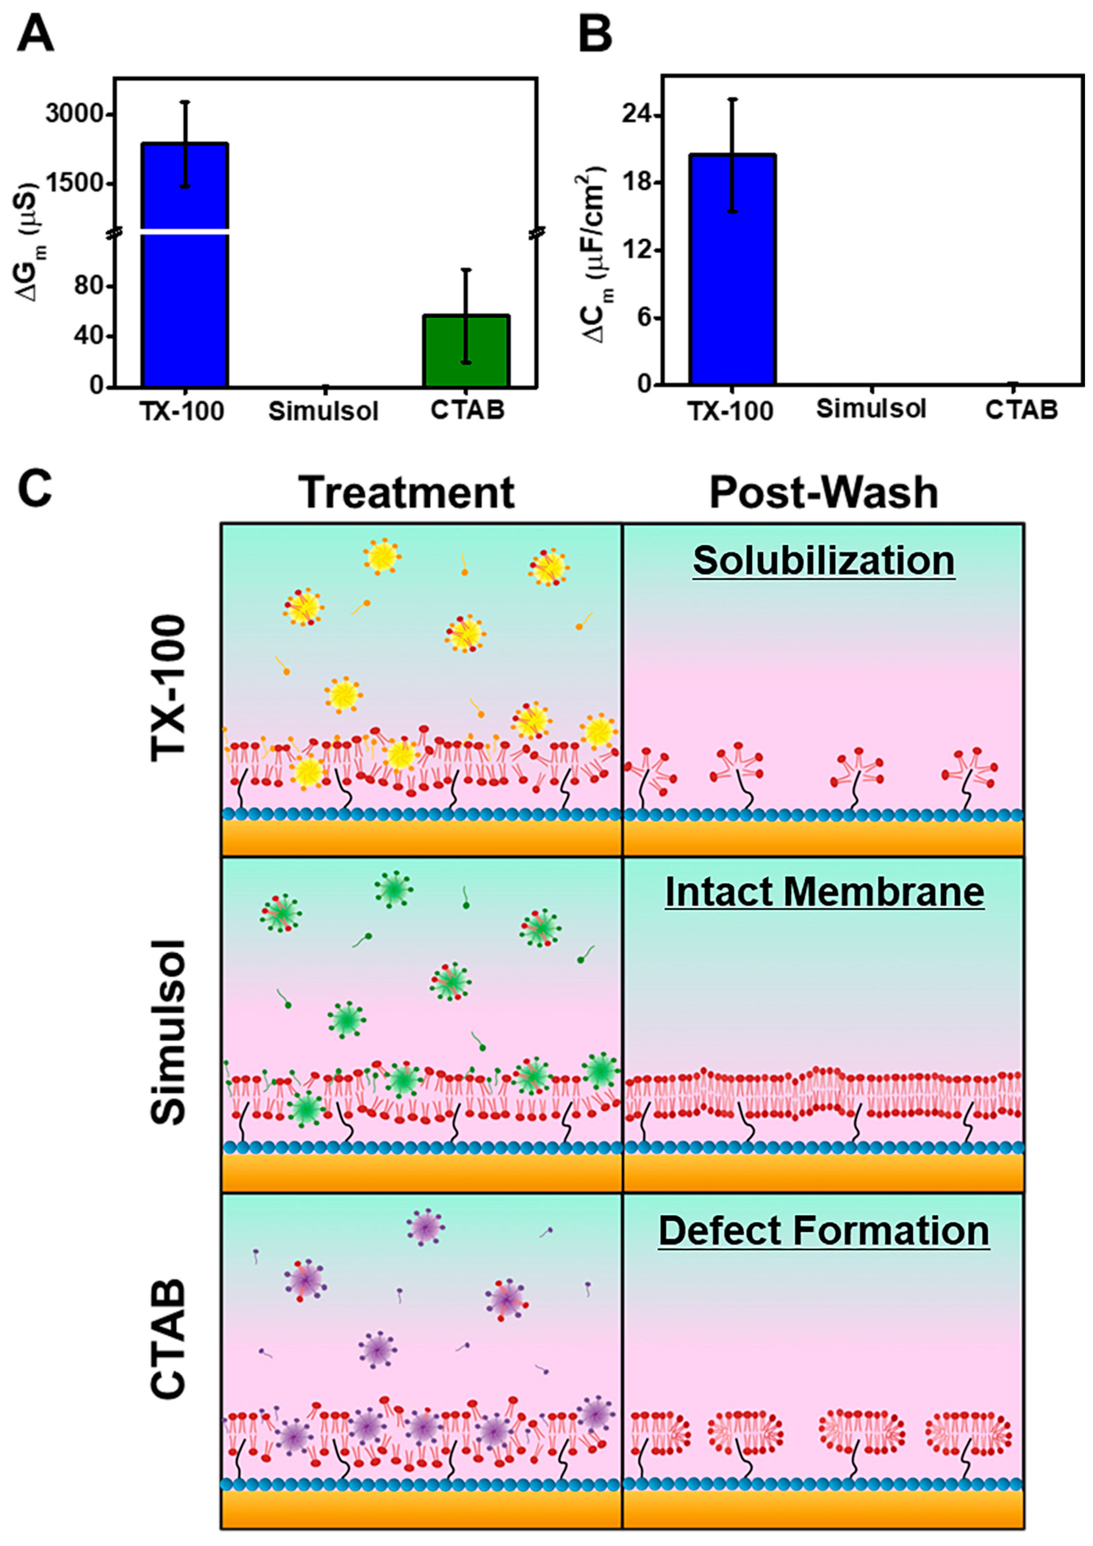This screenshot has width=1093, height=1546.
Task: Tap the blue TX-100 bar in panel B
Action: (732, 269)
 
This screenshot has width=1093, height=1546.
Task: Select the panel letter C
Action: (35, 490)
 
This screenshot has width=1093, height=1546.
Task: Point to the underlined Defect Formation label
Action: (824, 1231)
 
